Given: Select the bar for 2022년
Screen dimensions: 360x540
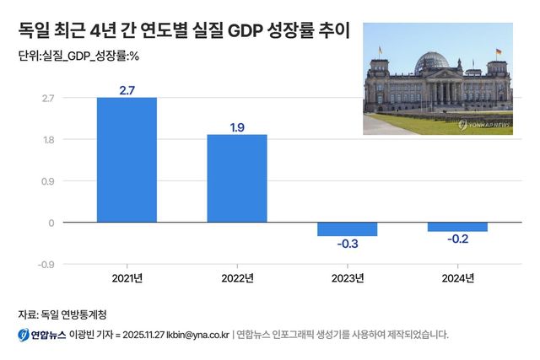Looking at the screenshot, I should (x=237, y=179).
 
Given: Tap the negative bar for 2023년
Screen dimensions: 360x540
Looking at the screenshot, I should (x=347, y=229).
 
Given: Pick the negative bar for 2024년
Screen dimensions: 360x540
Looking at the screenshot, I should (x=457, y=227).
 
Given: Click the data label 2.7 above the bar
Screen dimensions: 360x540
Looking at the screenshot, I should (x=127, y=89).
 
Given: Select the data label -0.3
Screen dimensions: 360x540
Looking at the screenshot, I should (x=347, y=245).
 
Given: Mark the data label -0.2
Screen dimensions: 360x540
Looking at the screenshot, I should (x=457, y=240).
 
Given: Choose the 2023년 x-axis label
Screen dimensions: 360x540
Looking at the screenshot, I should (x=347, y=278).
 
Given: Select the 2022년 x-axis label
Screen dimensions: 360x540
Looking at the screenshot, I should (x=237, y=278).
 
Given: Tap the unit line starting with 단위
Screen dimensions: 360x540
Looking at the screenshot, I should (x=77, y=57).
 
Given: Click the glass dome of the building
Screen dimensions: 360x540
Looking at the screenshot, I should (x=433, y=62).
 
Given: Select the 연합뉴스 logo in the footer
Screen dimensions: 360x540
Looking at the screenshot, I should (x=41, y=335).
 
